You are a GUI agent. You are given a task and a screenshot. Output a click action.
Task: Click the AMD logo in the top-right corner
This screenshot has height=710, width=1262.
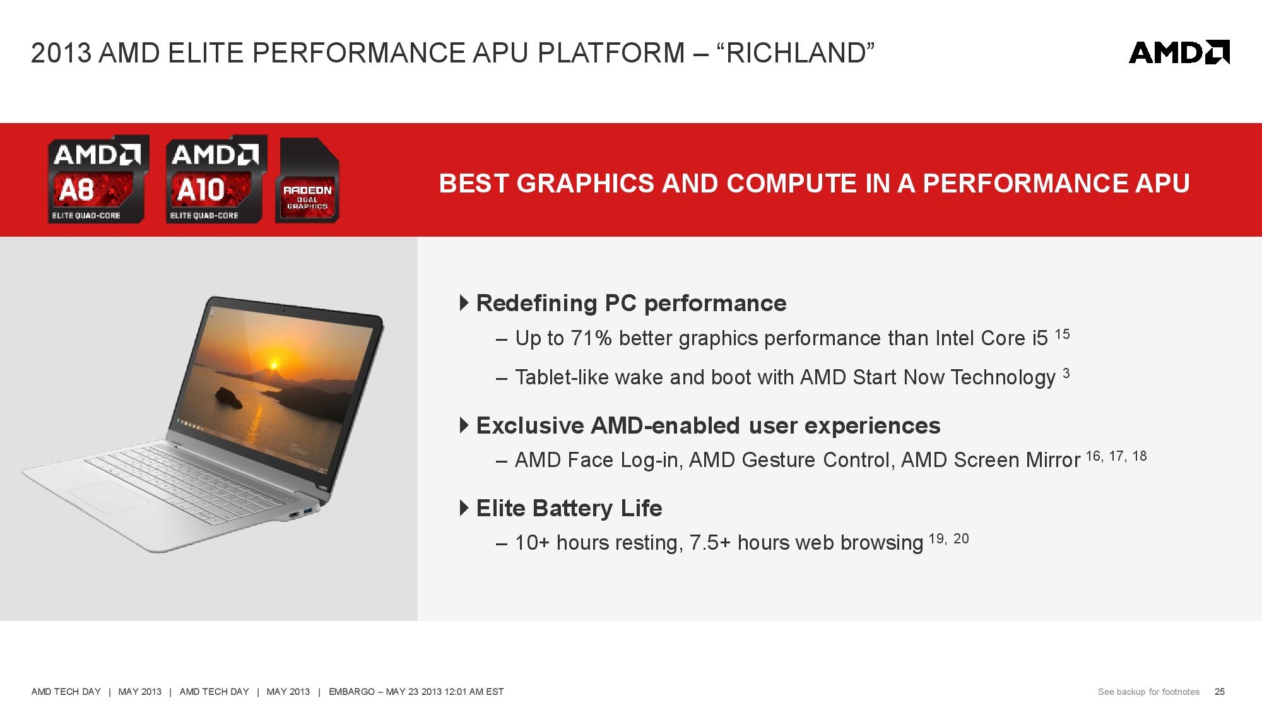pyautogui.click(x=1179, y=52)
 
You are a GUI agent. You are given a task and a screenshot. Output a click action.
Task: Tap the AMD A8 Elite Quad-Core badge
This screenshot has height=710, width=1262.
pyautogui.click(x=98, y=179)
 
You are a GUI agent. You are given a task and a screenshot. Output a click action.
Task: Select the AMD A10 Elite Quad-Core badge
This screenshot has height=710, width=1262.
pyautogui.click(x=216, y=179)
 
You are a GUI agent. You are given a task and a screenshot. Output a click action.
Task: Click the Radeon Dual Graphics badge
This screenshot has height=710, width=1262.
pyautogui.click(x=307, y=180)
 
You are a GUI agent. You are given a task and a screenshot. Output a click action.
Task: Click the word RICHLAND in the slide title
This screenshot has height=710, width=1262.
pyautogui.click(x=796, y=53)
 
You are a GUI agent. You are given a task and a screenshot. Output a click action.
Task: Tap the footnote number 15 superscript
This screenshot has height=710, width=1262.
pyautogui.click(x=1063, y=334)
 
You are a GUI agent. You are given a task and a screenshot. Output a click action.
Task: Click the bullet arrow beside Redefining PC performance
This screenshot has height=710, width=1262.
pyautogui.click(x=464, y=303)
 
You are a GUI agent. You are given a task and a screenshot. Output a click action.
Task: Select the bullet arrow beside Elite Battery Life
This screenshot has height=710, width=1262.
pyautogui.click(x=464, y=507)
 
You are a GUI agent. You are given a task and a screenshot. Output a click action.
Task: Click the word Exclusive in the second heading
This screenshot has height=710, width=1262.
pyautogui.click(x=530, y=425)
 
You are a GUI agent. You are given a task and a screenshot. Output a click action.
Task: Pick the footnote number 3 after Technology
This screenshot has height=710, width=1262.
pyautogui.click(x=1066, y=373)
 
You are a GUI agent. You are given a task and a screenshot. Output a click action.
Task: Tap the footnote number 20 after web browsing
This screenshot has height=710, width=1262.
pyautogui.click(x=961, y=538)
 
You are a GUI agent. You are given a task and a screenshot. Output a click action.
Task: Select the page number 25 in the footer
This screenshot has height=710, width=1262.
pyautogui.click(x=1220, y=692)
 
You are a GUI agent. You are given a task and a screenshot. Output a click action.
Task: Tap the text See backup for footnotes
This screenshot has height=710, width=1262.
pyautogui.click(x=1148, y=692)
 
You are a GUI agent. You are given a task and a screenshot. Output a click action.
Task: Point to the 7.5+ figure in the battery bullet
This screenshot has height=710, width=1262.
pyautogui.click(x=711, y=543)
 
